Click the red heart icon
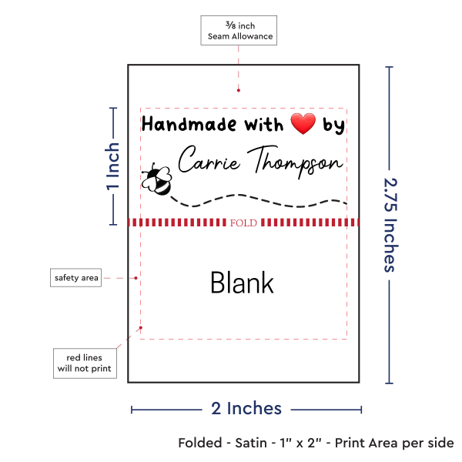click(x=303, y=123)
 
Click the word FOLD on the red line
click(x=243, y=223)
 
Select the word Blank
click(x=242, y=283)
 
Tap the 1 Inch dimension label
click(x=112, y=166)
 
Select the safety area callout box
click(x=76, y=277)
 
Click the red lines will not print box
click(x=84, y=363)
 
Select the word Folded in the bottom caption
click(x=201, y=444)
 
